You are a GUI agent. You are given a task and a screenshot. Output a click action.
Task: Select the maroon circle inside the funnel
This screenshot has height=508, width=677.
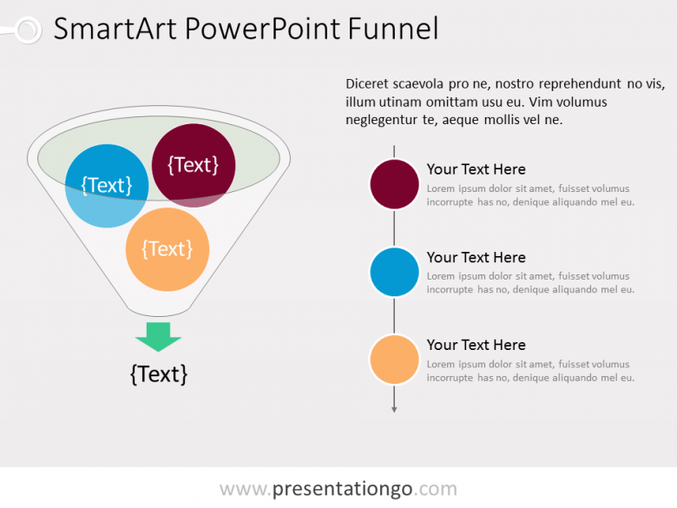point(194,164)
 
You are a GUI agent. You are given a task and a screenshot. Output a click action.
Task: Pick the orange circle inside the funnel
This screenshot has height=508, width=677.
point(168,249)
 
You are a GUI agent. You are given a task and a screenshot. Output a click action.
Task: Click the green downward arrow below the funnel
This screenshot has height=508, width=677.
point(158,336)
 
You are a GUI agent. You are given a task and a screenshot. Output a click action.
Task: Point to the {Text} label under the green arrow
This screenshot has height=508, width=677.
point(159,374)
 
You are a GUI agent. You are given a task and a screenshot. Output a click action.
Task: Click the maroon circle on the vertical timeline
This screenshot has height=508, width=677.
point(395,184)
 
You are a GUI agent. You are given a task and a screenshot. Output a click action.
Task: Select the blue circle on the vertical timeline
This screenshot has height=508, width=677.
point(395,272)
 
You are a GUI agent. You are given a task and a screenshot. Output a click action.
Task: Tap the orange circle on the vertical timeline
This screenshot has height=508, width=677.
point(395,360)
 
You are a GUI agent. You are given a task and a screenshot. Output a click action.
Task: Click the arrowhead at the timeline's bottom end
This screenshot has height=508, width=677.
point(395,408)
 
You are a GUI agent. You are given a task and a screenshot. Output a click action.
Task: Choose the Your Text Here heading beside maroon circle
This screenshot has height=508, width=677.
point(476,169)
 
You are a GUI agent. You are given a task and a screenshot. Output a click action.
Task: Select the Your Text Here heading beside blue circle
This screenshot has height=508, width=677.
point(476,257)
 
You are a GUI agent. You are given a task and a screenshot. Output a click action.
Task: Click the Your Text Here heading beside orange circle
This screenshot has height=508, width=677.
point(476,345)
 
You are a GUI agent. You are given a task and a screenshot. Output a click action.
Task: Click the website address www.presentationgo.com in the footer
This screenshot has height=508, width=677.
point(338,489)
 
